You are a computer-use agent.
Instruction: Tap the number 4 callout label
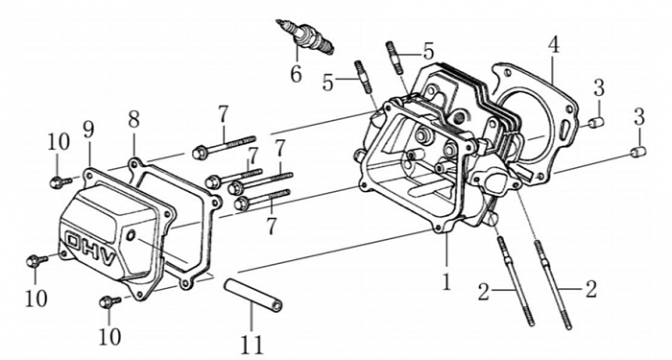click(x=554, y=45)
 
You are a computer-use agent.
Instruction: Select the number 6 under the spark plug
click(x=296, y=74)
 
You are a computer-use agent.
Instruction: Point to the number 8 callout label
click(x=133, y=120)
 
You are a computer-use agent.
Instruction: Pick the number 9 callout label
click(x=88, y=131)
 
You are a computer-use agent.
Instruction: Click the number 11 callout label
click(x=252, y=345)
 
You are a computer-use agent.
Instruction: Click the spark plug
click(x=304, y=36)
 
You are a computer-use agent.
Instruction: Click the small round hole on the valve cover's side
click(x=131, y=234)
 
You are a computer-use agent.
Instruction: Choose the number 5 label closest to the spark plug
click(x=328, y=83)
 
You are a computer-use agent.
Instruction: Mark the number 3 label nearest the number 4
click(x=599, y=88)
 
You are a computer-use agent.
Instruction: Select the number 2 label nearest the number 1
click(x=484, y=292)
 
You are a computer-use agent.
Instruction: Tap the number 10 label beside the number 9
click(x=59, y=142)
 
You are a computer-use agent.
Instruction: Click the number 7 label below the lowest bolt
click(x=271, y=226)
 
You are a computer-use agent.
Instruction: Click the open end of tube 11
click(x=277, y=305)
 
